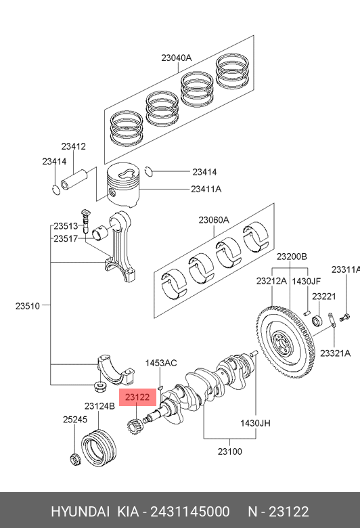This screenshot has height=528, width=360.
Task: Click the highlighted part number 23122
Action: point(137,397)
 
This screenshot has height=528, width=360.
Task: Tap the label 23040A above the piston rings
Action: point(177,58)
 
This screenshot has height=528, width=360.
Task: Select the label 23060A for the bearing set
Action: point(214,220)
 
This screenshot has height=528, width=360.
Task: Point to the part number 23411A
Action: point(206,190)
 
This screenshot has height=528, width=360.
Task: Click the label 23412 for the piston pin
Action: point(73,146)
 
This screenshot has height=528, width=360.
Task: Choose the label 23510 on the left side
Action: point(28,306)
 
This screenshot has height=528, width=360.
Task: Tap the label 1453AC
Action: point(161,364)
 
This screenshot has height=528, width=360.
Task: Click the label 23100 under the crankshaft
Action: point(229,452)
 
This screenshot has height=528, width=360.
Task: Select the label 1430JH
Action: point(255,423)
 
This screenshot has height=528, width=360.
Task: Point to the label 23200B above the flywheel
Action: point(292,257)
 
